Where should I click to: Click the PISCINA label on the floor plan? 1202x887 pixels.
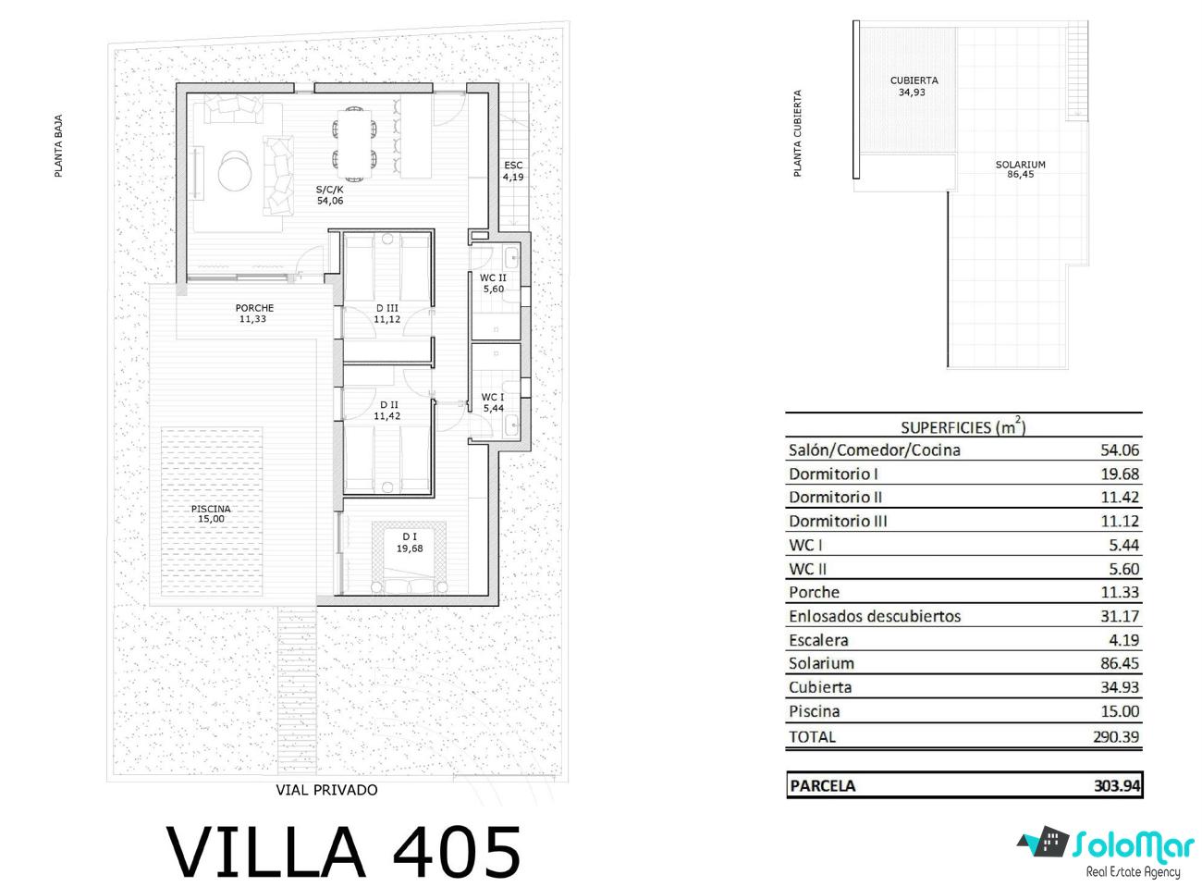[x=211, y=509]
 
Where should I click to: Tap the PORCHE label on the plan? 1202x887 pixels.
[x=254, y=308]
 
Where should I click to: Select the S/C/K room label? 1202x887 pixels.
[x=329, y=190]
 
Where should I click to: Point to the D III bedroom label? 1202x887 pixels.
[x=386, y=308]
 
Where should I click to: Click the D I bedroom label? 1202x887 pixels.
[x=410, y=536]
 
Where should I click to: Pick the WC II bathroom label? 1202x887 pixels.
[x=493, y=277]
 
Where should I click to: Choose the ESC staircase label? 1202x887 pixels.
[x=513, y=166]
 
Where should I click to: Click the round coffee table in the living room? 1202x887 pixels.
[x=235, y=170]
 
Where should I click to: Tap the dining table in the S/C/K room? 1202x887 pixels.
[x=354, y=144]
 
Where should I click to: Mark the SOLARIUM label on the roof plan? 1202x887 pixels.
[x=1020, y=165]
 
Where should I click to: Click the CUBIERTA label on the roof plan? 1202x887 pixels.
[x=914, y=80]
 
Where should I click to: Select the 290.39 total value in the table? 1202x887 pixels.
[x=1116, y=736]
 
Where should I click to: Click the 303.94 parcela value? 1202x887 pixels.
[x=1117, y=785]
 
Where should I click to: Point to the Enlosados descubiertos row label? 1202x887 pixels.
[x=875, y=616]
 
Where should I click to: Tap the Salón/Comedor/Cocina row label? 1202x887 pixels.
[x=875, y=450]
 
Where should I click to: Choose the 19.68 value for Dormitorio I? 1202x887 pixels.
[x=1120, y=474]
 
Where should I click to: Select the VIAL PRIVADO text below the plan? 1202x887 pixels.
[x=326, y=790]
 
